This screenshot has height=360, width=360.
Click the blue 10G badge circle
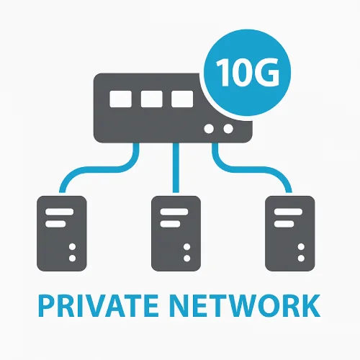pos(247,73)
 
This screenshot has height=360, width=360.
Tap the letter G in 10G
pos(268,72)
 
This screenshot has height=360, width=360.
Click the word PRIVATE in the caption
pos(98,305)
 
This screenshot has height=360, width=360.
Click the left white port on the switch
pos(120,99)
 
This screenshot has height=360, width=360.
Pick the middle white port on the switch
pos(151,99)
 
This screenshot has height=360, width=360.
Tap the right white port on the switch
pos(182,99)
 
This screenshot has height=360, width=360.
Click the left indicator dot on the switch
pos(209,129)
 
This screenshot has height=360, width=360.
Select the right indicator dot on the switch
pos(228,129)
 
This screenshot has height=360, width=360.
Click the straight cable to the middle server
pos(176,168)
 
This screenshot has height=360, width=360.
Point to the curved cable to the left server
pos(103,169)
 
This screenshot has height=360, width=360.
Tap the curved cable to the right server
pos(251,169)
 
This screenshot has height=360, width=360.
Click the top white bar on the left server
pos(59,212)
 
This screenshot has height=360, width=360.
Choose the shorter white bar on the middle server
pos(170,224)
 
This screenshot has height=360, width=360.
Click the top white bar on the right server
pos(288,212)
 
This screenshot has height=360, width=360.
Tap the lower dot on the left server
pos(72,258)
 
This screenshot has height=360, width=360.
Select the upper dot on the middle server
pos(186,247)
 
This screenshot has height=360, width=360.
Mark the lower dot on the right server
pos(301,258)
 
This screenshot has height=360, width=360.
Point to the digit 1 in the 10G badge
pos(223,72)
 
